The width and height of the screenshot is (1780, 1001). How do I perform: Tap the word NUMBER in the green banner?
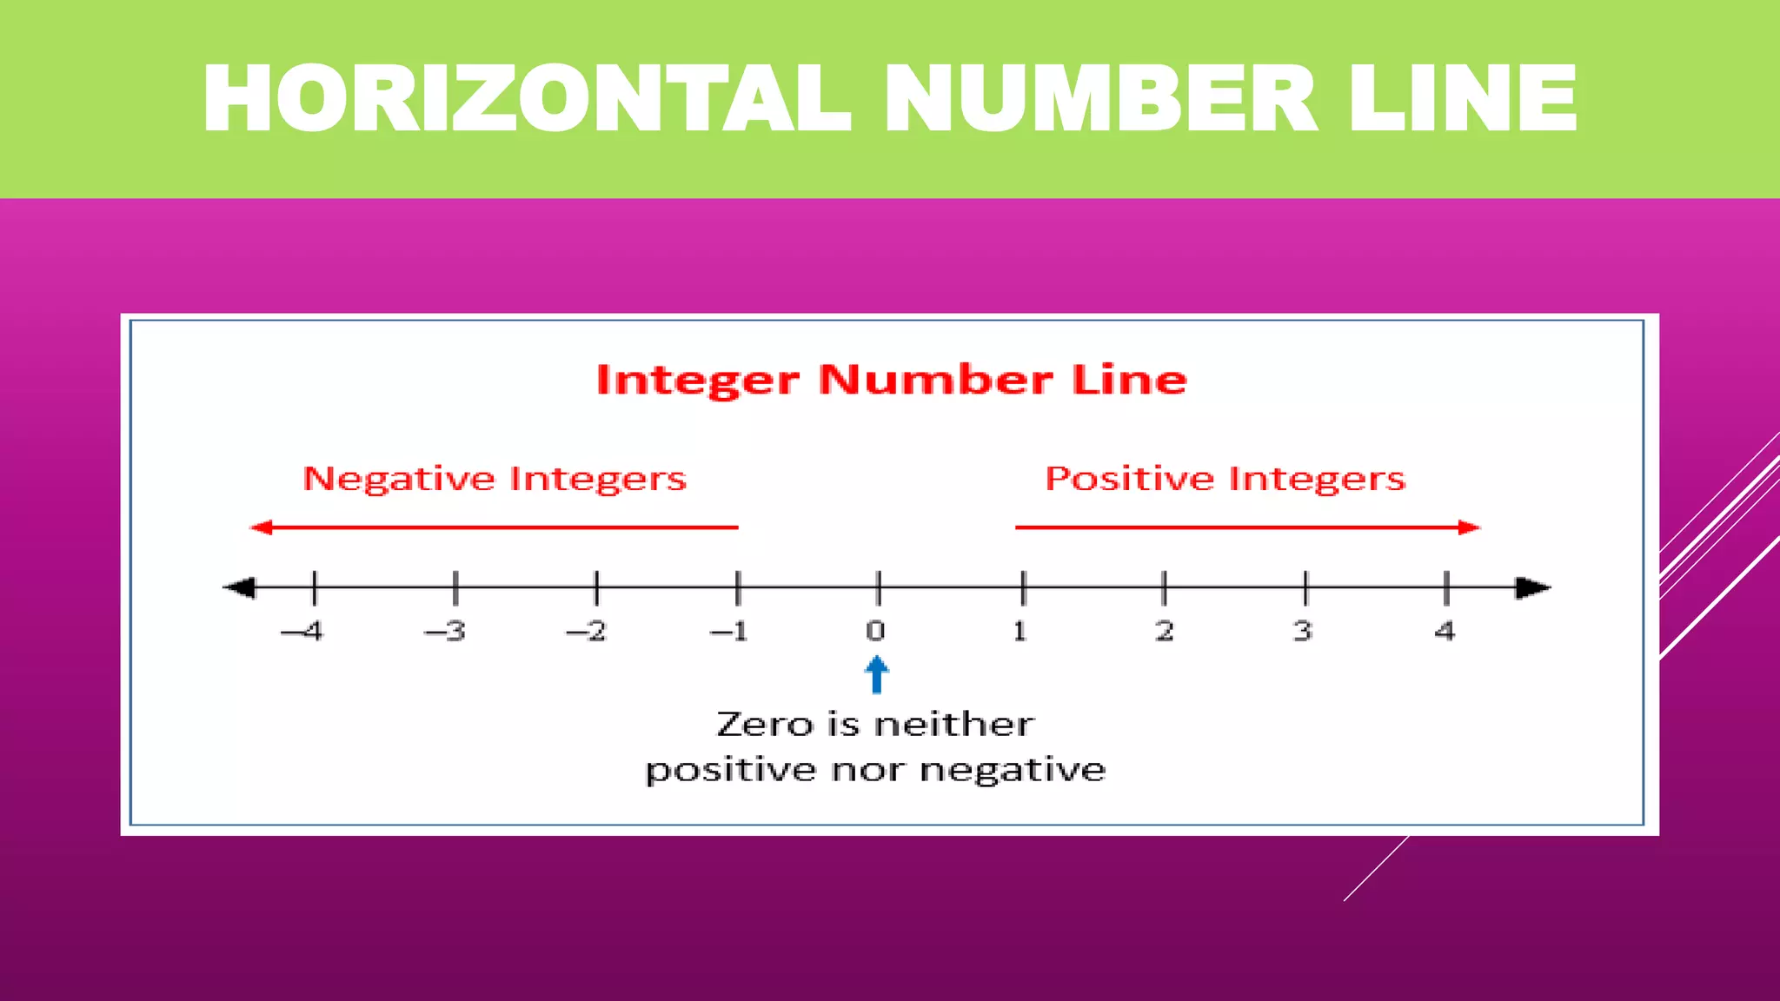[x=1100, y=99]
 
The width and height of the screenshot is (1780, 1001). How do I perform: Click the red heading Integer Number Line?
[x=891, y=380]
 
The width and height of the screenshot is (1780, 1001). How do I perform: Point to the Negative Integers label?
[x=494, y=479]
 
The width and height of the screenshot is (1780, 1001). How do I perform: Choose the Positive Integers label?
[x=1225, y=479]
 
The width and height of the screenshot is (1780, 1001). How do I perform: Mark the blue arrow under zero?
[x=876, y=674]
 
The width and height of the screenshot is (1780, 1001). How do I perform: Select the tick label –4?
[x=302, y=631]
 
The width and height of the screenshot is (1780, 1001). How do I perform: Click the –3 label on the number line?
[x=445, y=631]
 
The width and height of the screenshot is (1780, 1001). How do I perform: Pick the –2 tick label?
[x=587, y=631]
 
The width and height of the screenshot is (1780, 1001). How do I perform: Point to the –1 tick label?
[x=729, y=631]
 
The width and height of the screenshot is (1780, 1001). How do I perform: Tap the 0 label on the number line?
[x=875, y=631]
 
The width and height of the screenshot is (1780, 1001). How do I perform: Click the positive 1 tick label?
[x=1020, y=631]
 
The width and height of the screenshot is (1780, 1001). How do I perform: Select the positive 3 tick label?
[x=1302, y=631]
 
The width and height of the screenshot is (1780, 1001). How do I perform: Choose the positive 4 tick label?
[x=1445, y=631]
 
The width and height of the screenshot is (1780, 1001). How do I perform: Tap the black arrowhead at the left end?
[x=240, y=588]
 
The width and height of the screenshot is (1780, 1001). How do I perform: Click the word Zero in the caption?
[x=764, y=725]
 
